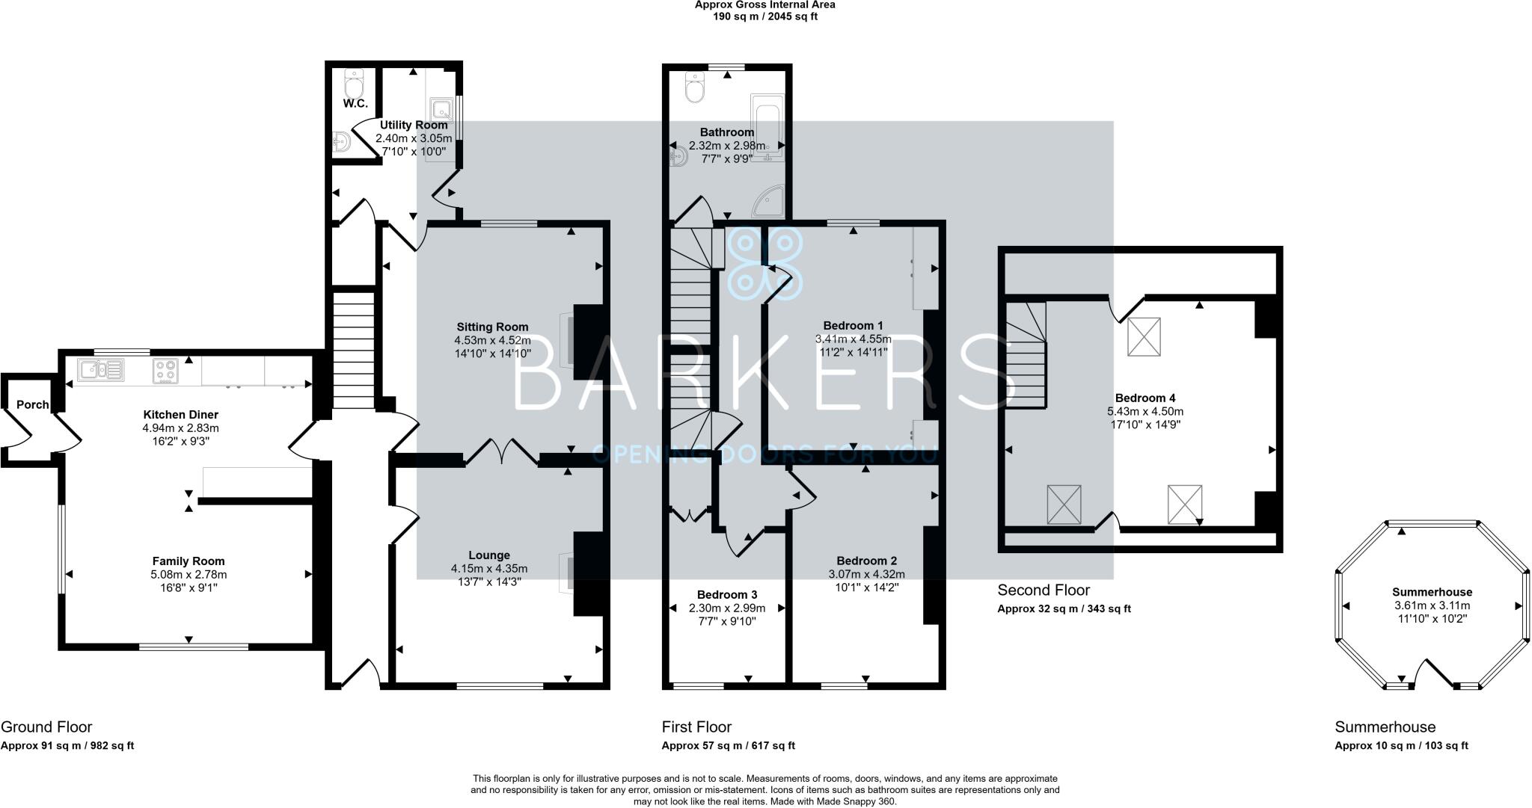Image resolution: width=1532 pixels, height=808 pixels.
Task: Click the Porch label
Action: (32, 404)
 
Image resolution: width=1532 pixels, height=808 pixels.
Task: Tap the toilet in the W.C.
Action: (354, 80)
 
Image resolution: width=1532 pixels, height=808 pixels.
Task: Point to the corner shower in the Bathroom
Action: (770, 202)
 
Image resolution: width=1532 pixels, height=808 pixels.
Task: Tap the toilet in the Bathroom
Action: (696, 87)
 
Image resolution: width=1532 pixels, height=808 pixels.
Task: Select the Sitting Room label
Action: (492, 327)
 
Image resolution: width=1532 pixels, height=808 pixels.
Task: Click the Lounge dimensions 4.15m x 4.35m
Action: (489, 568)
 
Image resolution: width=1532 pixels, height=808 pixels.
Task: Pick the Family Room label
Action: (189, 561)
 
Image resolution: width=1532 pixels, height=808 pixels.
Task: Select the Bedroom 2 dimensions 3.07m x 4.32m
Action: (866, 574)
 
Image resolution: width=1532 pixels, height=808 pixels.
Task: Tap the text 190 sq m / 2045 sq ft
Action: (765, 16)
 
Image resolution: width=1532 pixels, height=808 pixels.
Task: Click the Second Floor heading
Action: (1044, 590)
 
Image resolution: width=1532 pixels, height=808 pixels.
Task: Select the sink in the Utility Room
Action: (442, 109)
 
